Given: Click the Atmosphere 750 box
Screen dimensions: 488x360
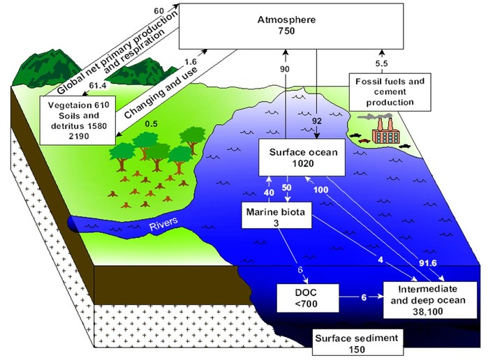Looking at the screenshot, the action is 291,26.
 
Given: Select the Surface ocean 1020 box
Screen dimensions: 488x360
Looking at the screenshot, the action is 302,157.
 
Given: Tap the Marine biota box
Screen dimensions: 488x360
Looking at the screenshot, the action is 276,216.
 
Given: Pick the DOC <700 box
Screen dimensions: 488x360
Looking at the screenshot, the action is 307,298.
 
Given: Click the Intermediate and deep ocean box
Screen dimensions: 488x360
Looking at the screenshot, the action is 430,300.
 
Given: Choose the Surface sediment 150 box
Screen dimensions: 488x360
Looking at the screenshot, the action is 357,343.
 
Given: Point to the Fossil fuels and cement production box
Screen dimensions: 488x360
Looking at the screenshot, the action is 390,92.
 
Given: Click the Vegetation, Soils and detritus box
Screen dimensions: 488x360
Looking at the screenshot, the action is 78,121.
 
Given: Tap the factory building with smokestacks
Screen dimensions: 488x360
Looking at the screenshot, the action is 385,130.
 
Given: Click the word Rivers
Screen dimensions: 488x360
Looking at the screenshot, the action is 163,224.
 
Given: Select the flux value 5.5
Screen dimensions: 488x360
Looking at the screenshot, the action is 381,63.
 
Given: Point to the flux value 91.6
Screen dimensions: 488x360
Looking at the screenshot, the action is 428,263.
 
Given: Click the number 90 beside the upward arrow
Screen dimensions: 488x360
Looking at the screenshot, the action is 284,69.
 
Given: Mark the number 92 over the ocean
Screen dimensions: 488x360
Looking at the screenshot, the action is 316,121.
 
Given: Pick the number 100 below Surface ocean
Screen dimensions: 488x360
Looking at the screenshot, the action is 320,190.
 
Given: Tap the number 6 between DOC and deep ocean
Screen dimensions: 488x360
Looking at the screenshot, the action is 364,297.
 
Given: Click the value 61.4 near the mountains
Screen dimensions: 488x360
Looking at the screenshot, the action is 98,85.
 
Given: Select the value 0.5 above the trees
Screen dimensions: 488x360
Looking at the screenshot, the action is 151,123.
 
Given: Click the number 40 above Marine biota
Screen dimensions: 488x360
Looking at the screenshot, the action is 269,193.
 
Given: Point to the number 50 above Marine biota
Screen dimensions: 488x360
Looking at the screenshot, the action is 286,187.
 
